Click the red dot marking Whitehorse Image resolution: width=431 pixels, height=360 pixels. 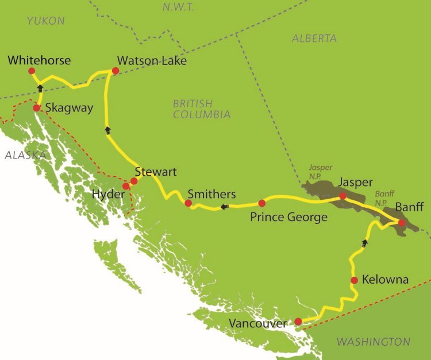coord(32,71)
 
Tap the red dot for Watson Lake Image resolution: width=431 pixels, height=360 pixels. coord(115,71)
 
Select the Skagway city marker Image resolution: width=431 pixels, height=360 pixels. coord(36,108)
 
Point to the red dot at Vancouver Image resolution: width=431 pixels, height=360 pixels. coord(298,322)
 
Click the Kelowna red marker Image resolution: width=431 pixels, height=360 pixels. coord(354,280)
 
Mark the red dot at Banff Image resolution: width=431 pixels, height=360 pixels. coord(402,223)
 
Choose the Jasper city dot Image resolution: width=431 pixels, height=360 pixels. coord(343,196)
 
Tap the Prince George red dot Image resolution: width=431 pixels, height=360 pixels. coord(261,203)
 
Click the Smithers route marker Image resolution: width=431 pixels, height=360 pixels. coord(188,203)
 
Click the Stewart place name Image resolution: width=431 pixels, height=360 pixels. coord(155,172)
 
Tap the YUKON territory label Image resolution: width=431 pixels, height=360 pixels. coord(45,21)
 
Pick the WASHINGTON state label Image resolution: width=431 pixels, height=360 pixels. coord(373,342)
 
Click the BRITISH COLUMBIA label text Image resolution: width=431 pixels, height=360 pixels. coord(202,109)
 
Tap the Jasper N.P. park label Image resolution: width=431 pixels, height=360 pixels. coord(321,171)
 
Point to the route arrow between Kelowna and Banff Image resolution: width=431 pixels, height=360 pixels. coord(364,243)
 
